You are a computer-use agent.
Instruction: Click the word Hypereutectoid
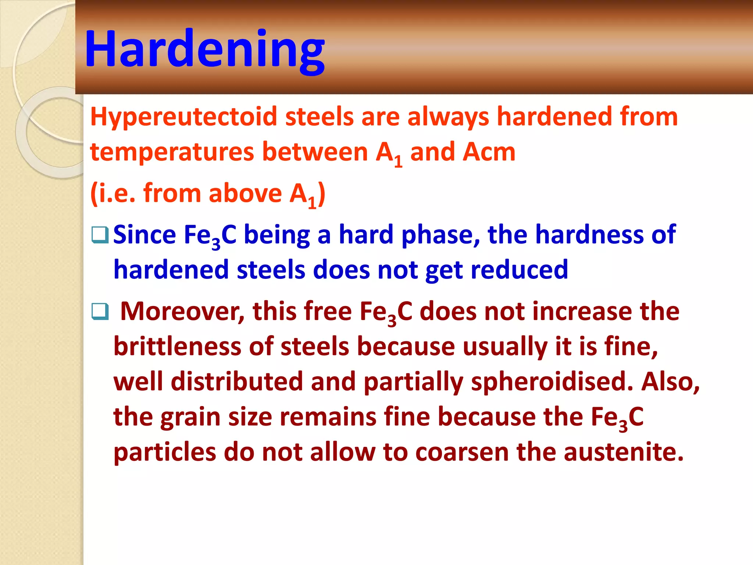tap(183, 117)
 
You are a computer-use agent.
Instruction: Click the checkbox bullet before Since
tap(100, 235)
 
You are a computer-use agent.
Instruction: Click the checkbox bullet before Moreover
tap(100, 312)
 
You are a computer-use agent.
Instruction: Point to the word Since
tap(144, 235)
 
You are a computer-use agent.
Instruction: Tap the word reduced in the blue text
tap(519, 270)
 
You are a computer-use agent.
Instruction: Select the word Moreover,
tap(182, 312)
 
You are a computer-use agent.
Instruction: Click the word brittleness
tap(177, 347)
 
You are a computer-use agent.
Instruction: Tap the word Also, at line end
tap(670, 382)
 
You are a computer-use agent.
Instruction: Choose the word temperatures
tap(172, 152)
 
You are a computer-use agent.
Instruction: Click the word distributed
tap(237, 382)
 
